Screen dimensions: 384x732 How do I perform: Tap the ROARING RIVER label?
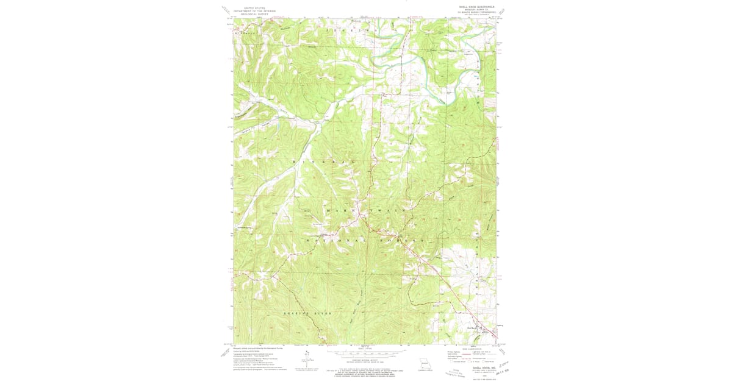(308, 313)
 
